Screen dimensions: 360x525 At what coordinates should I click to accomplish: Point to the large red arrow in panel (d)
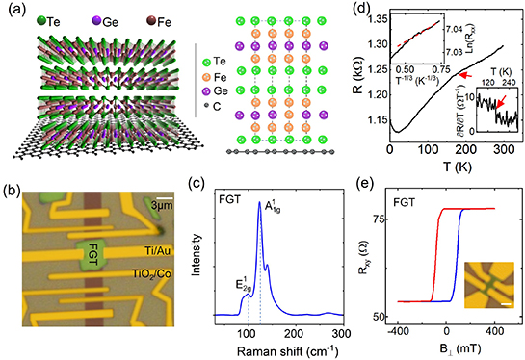[465, 75]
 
